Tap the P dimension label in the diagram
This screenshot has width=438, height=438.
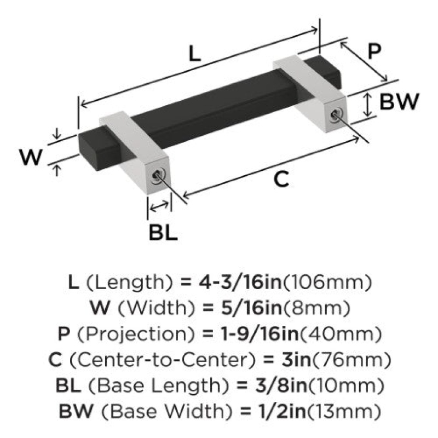coord(374,51)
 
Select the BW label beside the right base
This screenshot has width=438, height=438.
coord(399,101)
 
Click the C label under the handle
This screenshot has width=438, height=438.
coord(281,179)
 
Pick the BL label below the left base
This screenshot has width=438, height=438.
coord(163,232)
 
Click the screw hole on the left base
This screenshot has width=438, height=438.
coord(157,176)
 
